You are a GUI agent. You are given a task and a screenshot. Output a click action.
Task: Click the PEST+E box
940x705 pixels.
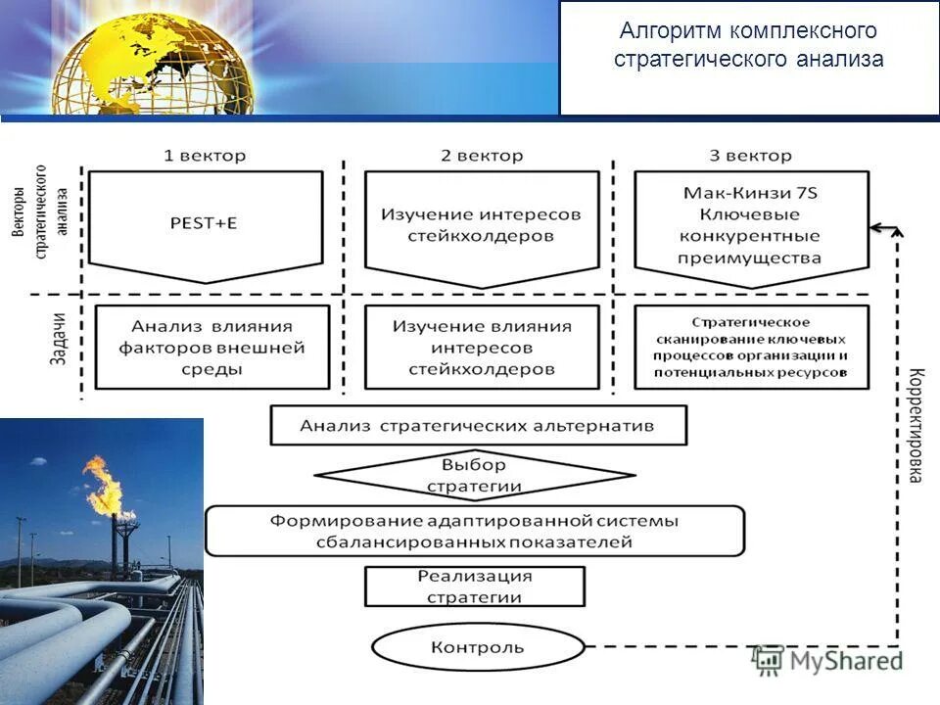point(206,223)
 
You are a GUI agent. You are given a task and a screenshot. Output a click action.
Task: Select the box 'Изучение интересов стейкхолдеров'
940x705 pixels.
point(482,225)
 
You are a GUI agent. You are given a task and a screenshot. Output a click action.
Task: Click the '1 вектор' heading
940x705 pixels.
point(205,156)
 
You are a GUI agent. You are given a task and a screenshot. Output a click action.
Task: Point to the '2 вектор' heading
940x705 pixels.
point(482,156)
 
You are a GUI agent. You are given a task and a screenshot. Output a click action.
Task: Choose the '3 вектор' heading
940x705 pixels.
point(750,156)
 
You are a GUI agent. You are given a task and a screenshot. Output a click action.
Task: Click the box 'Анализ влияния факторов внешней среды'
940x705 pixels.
point(212,348)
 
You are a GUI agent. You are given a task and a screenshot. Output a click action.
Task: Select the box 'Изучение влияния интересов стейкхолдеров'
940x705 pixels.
point(482,348)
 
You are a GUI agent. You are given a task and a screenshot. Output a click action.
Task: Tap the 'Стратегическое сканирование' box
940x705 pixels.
point(750,348)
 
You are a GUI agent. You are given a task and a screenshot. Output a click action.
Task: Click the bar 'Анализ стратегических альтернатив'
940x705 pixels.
point(478,426)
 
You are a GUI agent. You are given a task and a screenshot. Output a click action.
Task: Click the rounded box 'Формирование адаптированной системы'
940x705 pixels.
point(474,531)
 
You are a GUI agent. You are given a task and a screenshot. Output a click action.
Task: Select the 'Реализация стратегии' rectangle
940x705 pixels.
point(474,587)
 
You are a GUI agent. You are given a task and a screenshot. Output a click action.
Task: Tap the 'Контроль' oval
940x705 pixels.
point(478,647)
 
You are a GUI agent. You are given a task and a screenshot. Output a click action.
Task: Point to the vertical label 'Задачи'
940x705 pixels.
point(58,339)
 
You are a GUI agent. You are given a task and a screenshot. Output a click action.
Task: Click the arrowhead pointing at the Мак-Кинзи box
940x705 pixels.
point(876,228)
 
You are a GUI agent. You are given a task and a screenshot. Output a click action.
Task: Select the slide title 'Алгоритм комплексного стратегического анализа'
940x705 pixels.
point(749,46)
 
